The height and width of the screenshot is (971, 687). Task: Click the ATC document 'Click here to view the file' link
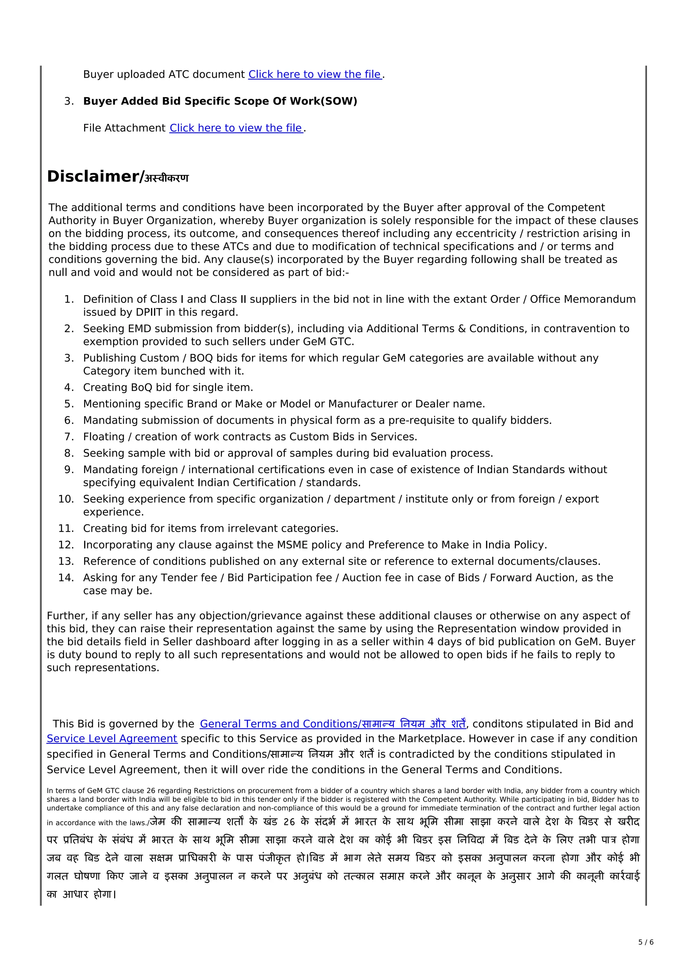(x=315, y=74)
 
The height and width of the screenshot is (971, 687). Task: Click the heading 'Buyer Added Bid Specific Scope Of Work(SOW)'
(x=220, y=101)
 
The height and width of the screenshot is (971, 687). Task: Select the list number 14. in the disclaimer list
(x=66, y=578)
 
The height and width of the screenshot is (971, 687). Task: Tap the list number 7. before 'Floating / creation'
(x=69, y=437)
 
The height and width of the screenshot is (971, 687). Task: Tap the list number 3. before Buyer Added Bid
(x=69, y=102)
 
